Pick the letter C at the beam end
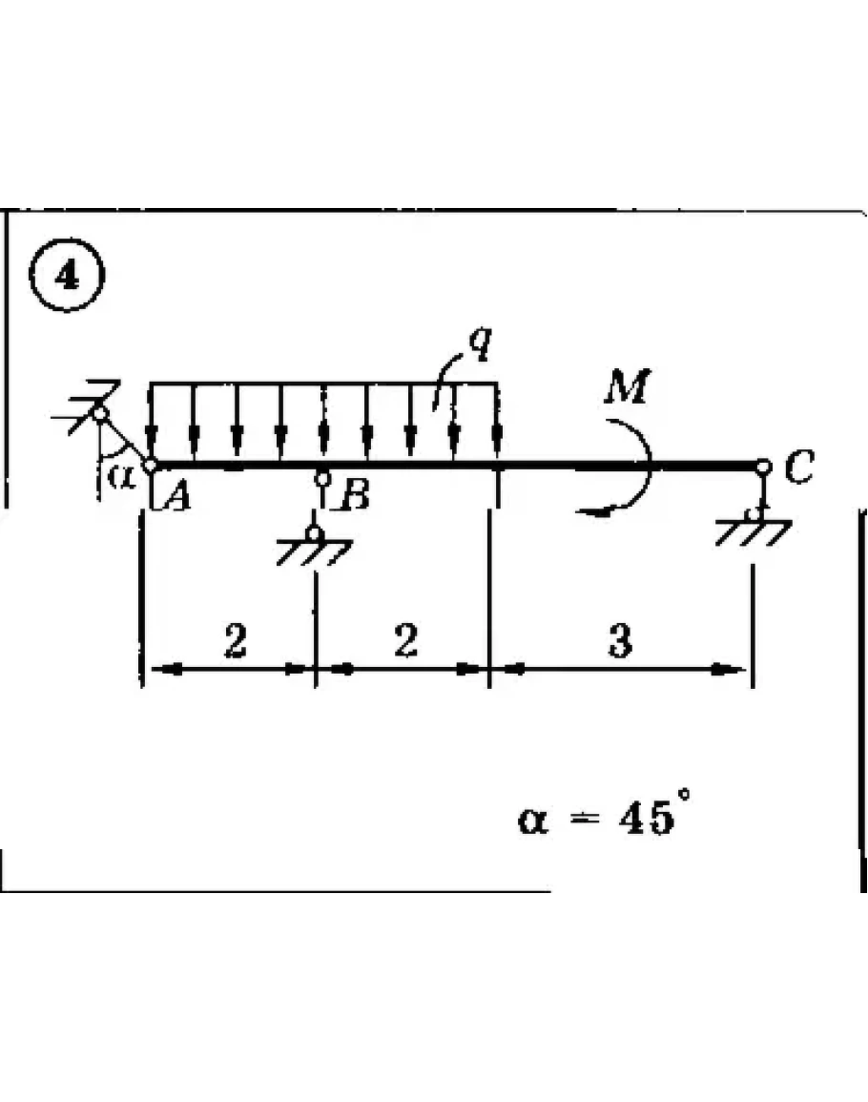[799, 468]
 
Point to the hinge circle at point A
[151, 465]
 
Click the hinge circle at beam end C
[763, 467]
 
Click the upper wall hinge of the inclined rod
[101, 412]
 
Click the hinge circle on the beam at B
[323, 478]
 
